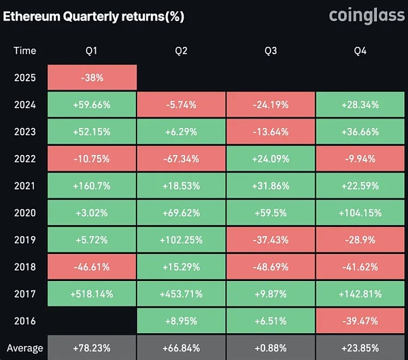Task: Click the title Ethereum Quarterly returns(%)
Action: pos(93,15)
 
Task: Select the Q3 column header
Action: pos(270,50)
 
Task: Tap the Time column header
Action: pos(24,50)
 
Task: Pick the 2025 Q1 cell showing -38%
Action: pos(92,77)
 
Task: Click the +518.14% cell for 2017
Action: pos(92,294)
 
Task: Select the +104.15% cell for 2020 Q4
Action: pos(360,213)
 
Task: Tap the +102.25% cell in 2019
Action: pos(181,240)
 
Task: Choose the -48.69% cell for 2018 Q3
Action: pos(270,267)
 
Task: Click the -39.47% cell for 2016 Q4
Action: pos(360,321)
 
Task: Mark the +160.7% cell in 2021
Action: pos(92,185)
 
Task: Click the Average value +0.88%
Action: pos(270,348)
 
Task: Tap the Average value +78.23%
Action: pos(92,348)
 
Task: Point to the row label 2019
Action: pos(24,240)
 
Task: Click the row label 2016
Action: pos(24,321)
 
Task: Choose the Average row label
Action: pos(24,348)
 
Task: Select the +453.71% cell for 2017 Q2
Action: pos(181,294)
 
